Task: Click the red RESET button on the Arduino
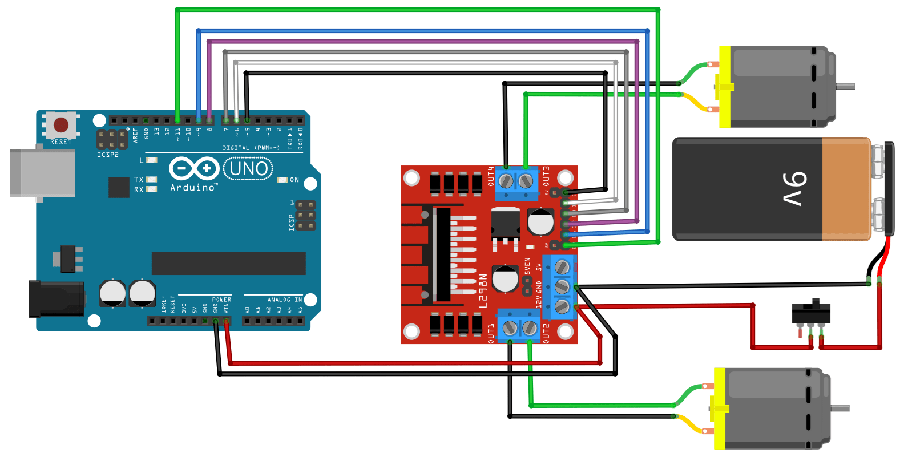[61, 125]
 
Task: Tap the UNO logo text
[248, 169]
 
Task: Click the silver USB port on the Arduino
[42, 173]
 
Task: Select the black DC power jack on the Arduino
[56, 298]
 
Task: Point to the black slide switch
[811, 313]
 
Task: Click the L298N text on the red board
[483, 290]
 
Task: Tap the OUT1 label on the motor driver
[491, 333]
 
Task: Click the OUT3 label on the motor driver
[546, 176]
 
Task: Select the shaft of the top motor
[845, 87]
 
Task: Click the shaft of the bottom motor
[840, 408]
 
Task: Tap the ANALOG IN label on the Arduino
[284, 300]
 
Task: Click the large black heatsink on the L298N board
[442, 254]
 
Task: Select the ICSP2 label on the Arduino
[108, 155]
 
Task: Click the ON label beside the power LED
[294, 180]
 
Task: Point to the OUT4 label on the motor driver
[491, 176]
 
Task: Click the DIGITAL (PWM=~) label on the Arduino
[251, 148]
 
